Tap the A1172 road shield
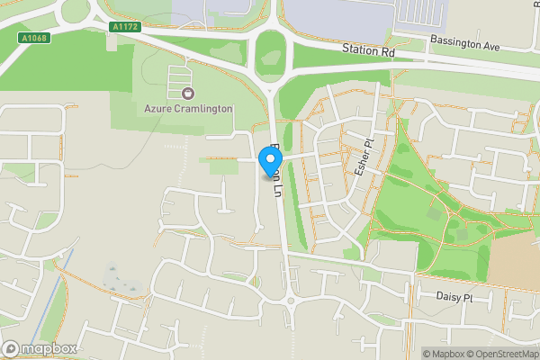pos(124,27)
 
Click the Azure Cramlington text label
pos(188,109)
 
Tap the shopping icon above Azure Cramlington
pos(187,94)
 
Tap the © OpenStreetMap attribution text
pos(502,354)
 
